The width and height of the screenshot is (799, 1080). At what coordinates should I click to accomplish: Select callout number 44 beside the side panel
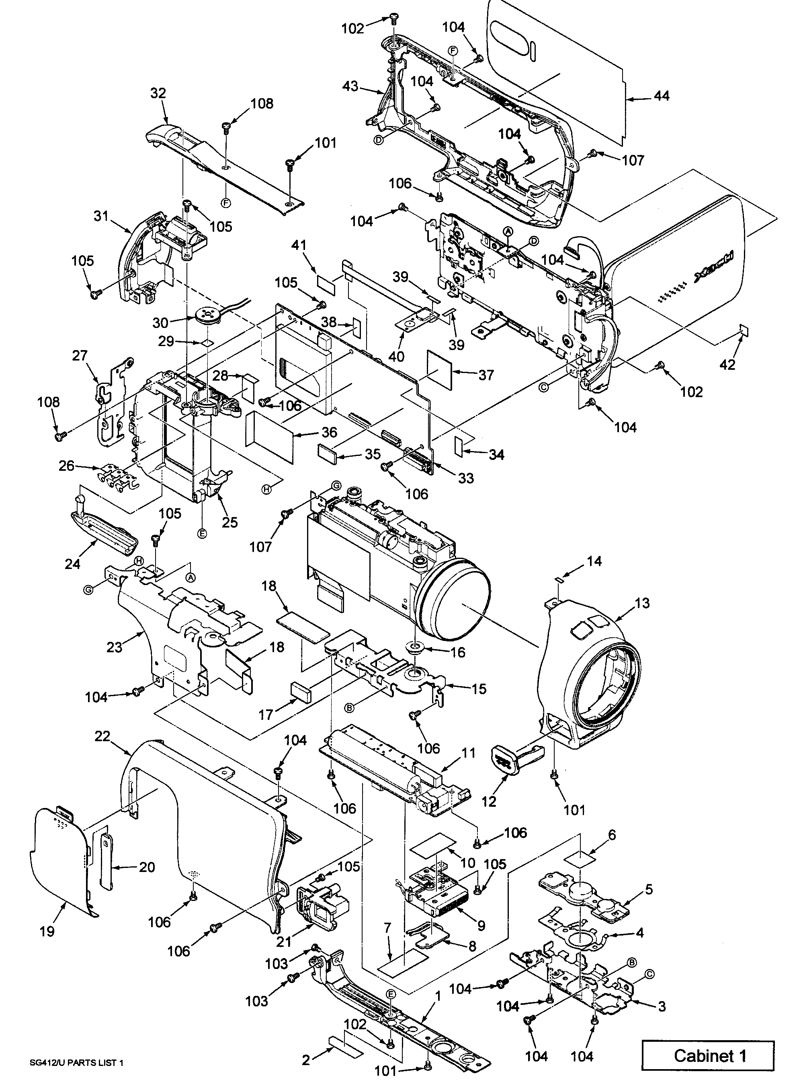pyautogui.click(x=661, y=96)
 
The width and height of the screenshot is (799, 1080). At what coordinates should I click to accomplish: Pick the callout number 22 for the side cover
pyautogui.click(x=102, y=736)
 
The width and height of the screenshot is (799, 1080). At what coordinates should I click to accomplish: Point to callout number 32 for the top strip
pyautogui.click(x=158, y=93)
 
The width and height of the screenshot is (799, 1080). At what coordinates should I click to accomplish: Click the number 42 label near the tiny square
pyautogui.click(x=727, y=364)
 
